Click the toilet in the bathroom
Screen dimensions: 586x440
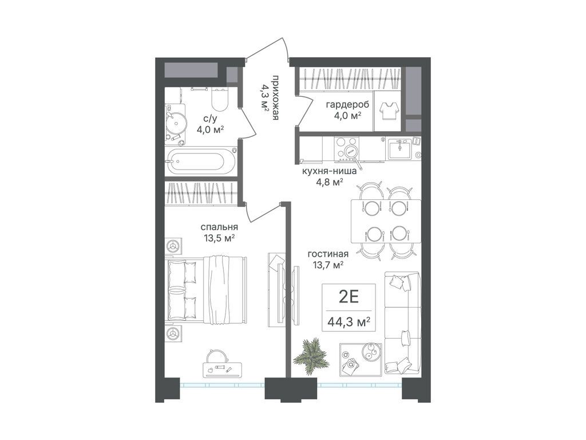point(219,99)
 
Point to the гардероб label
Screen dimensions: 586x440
point(347,104)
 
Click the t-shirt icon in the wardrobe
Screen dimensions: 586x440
point(388,111)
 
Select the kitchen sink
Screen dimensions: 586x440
point(399,149)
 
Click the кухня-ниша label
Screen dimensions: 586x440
point(329,172)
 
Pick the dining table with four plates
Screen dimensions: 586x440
point(386,221)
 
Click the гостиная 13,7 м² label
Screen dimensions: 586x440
point(328,260)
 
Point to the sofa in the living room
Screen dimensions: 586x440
point(402,322)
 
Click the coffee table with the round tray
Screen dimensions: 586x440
point(361,357)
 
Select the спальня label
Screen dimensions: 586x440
point(219,227)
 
